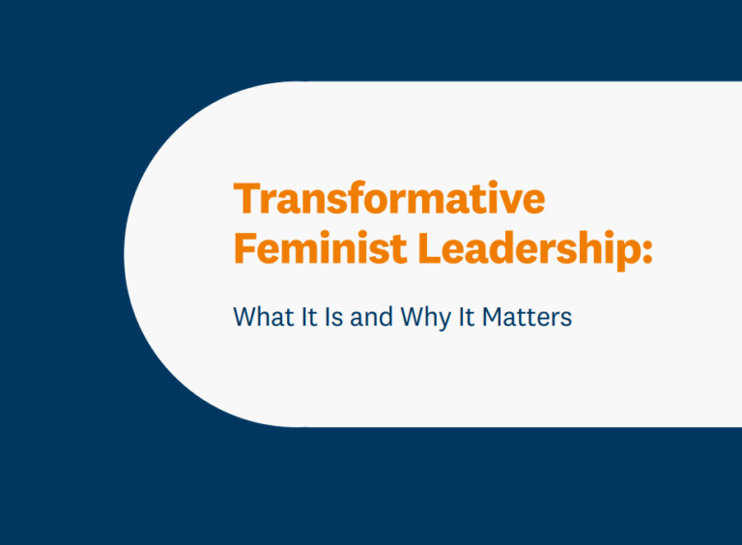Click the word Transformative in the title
pyautogui.click(x=389, y=199)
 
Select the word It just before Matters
pyautogui.click(x=465, y=316)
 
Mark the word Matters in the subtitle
pyautogui.click(x=528, y=316)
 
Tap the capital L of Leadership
pyautogui.click(x=428, y=249)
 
